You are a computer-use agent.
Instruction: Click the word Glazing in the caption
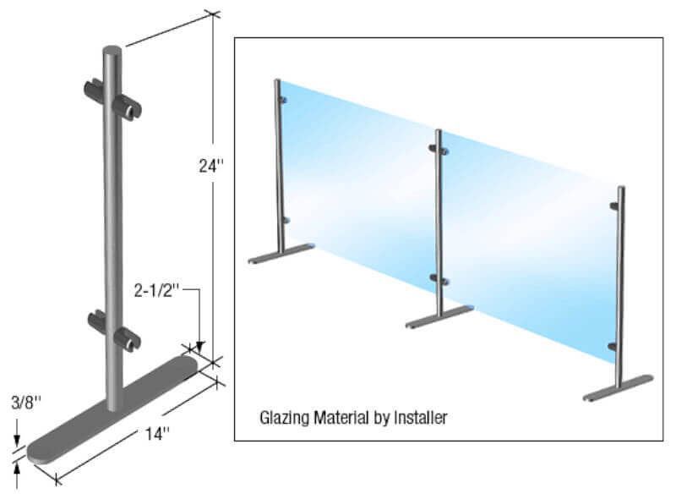(281, 416)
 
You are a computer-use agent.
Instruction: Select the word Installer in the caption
(419, 416)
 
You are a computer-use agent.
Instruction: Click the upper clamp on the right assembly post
(614, 206)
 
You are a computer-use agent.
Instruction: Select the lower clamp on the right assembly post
(613, 345)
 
